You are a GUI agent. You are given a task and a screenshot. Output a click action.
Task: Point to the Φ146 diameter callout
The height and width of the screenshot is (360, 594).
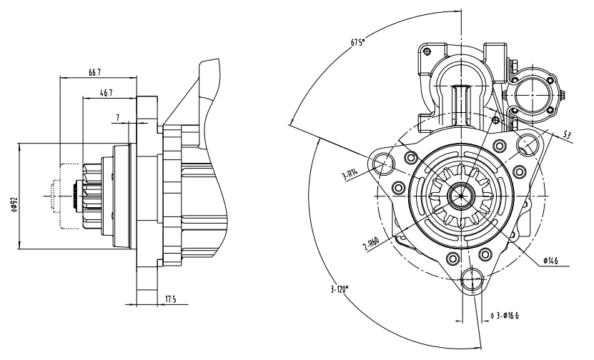(x=550, y=262)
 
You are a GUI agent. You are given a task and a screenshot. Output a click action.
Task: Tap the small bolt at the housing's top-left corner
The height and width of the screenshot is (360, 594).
(x=427, y=52)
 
